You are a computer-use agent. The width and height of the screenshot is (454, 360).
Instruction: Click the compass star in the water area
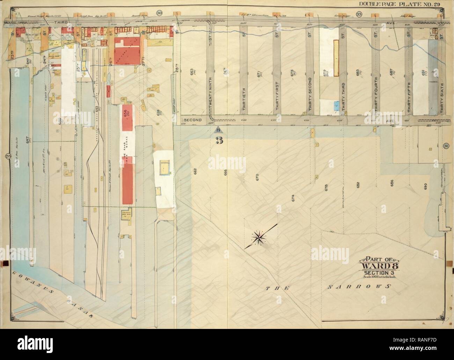click(259, 238)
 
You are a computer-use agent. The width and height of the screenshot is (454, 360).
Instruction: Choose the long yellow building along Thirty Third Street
click(336, 58)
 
